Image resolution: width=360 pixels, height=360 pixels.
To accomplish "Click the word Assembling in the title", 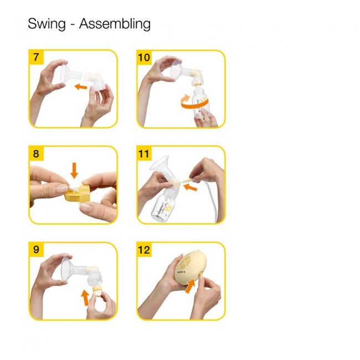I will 115,25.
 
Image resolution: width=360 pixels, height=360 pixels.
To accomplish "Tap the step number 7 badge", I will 36,58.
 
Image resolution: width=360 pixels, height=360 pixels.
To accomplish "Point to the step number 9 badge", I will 36,250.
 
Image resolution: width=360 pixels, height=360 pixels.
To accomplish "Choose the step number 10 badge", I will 145,58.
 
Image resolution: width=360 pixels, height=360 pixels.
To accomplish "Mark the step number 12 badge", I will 145,250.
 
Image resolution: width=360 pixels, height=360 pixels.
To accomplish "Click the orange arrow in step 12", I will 191,286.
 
